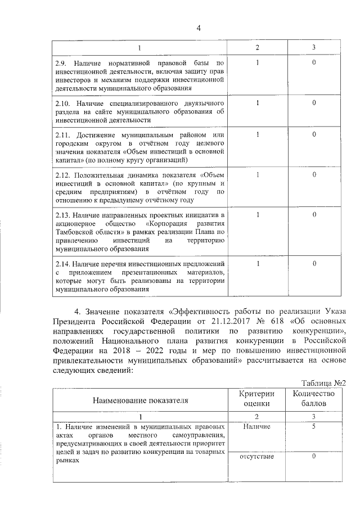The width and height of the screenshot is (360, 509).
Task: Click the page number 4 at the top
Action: pos(199,29)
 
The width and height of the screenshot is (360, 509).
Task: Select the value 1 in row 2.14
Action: pos(257,263)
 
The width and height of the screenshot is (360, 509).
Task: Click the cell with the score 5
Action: pos(314,427)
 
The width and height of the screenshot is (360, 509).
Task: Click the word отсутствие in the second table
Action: pos(256,456)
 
